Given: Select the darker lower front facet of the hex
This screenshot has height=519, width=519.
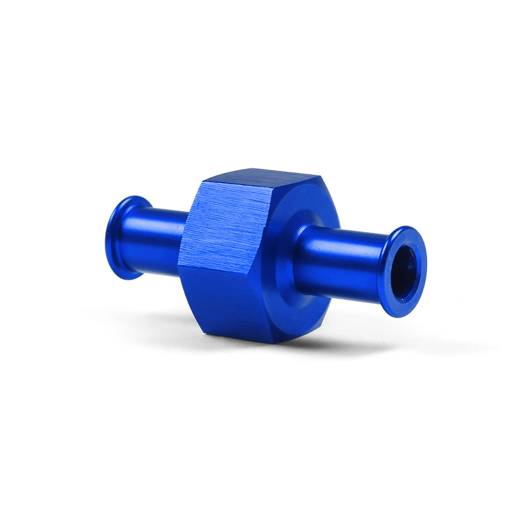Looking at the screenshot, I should point(228,301).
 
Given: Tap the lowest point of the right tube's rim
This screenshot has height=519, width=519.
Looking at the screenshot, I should point(400,316).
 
